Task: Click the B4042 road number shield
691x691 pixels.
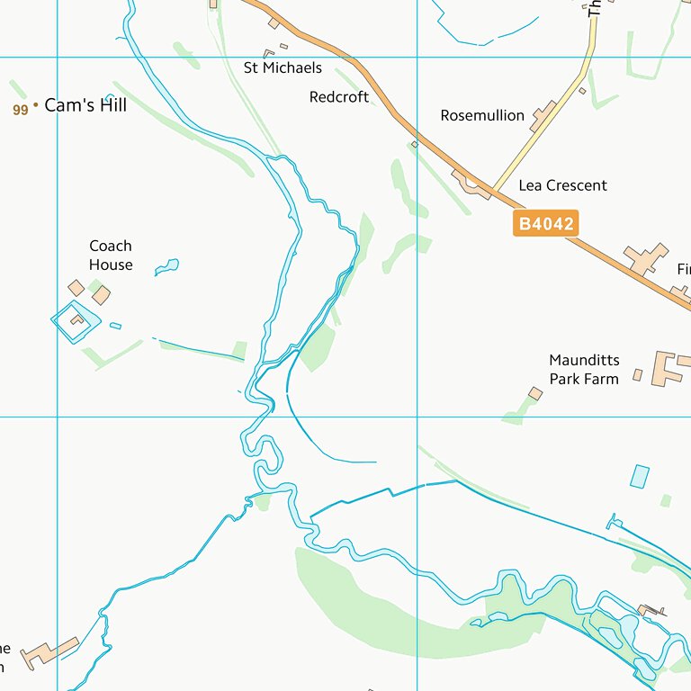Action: (545, 223)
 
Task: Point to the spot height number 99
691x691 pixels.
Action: (21, 110)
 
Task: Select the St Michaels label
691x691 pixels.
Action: (283, 67)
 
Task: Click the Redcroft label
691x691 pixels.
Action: (339, 96)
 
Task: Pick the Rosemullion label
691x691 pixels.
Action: (482, 115)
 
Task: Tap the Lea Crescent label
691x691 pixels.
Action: (562, 185)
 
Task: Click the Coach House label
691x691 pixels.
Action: (111, 256)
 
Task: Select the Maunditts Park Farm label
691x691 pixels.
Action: (584, 370)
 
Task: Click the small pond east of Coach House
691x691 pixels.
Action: (167, 266)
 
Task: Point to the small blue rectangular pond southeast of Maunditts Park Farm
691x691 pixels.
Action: (640, 476)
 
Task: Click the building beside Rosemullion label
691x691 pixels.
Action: (543, 116)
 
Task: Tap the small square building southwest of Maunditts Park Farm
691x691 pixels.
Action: (535, 393)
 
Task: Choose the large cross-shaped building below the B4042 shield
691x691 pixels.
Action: (647, 258)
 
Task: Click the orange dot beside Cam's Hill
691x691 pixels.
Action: (36, 106)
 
